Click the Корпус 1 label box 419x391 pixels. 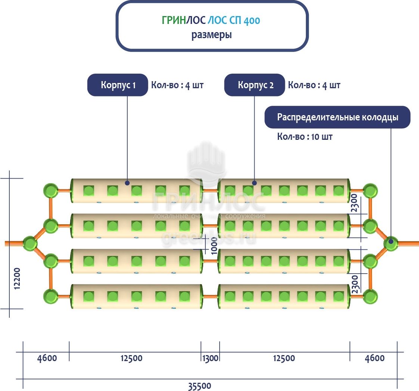point(118,85)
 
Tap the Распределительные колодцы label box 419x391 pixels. point(337,117)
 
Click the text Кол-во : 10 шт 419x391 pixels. point(304,136)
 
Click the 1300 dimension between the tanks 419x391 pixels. point(210,358)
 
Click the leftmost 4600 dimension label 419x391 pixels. point(47,358)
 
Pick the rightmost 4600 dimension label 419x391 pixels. point(374,358)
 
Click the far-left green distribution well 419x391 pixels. point(30,243)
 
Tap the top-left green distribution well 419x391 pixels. point(50,190)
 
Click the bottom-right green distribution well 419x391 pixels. point(370,296)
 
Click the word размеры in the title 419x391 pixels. point(212,35)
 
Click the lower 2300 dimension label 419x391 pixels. point(355,284)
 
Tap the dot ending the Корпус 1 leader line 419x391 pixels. point(127,183)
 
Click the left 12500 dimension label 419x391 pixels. point(131,358)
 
